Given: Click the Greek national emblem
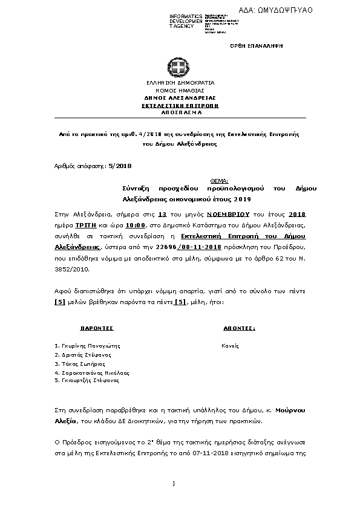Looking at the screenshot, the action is [180, 68].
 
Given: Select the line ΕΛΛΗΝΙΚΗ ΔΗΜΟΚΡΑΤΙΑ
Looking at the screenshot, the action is [180, 82].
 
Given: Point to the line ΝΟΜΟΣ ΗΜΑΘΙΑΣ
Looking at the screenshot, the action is [180, 89].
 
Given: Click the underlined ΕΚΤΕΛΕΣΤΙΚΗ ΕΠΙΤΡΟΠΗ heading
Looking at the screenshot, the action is [180, 105].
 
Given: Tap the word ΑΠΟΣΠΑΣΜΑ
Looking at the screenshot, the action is [180, 112].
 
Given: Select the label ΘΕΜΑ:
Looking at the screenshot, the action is [218, 181].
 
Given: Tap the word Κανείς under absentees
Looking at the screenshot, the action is [231, 346].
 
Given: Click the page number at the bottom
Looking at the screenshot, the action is [174, 483].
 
